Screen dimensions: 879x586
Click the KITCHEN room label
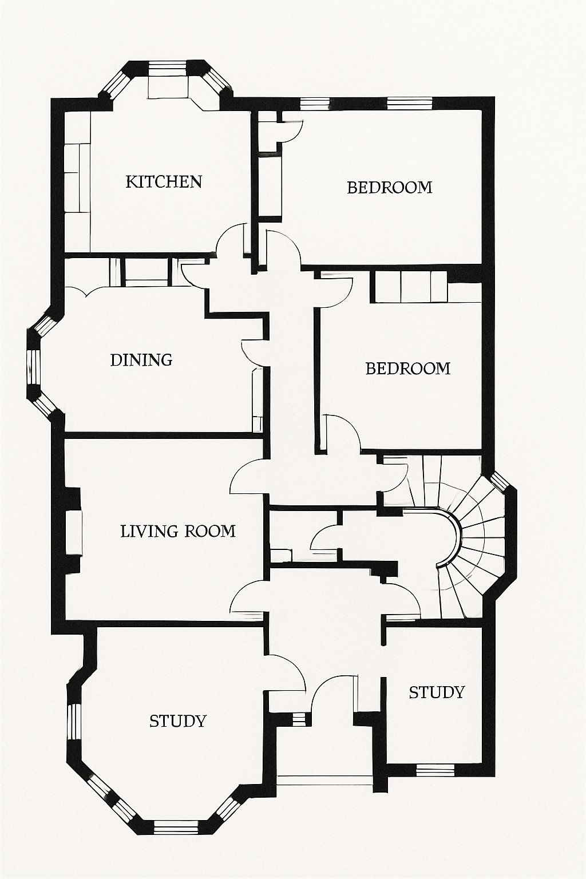pyautogui.click(x=164, y=182)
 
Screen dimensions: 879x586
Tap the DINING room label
pyautogui.click(x=141, y=360)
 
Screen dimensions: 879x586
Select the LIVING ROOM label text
pyautogui.click(x=178, y=531)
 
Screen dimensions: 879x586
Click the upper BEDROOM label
pyautogui.click(x=389, y=188)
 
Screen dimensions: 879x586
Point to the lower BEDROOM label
pyautogui.click(x=407, y=368)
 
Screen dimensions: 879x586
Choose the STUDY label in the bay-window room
pyautogui.click(x=177, y=721)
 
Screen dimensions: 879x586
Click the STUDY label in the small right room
pyautogui.click(x=436, y=692)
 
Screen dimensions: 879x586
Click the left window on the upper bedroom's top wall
pyautogui.click(x=315, y=104)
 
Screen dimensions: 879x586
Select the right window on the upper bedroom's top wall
pyautogui.click(x=409, y=104)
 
